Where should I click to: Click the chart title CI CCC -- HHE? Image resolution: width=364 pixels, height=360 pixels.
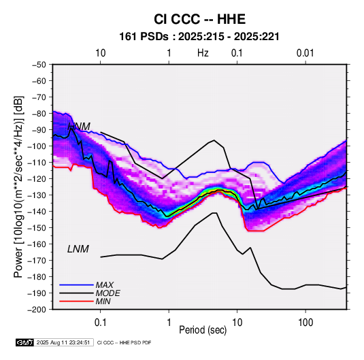(199, 19)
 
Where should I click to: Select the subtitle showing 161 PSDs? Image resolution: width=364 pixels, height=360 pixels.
(199, 37)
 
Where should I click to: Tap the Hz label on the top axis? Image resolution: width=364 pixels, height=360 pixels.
(203, 53)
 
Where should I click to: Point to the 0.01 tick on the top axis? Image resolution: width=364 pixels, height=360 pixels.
(305, 53)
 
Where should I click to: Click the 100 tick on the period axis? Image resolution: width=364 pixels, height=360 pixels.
(305, 323)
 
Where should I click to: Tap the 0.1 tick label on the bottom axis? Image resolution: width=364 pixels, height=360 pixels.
(100, 323)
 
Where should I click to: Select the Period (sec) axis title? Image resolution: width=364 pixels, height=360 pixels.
(203, 330)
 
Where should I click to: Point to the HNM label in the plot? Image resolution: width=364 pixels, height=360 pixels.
(79, 127)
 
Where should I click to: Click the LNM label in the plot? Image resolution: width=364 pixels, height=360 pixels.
(78, 249)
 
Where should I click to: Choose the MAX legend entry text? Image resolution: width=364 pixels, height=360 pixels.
(105, 285)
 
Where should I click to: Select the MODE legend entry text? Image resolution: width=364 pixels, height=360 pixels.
(107, 293)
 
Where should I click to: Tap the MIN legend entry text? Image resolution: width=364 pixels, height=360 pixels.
(103, 301)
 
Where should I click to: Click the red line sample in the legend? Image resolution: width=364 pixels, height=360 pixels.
(76, 301)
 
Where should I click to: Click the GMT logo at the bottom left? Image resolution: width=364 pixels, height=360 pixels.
(24, 342)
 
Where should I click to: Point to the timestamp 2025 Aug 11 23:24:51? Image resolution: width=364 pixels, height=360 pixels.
(63, 342)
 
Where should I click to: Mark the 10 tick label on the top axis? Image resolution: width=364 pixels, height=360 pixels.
(101, 53)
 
